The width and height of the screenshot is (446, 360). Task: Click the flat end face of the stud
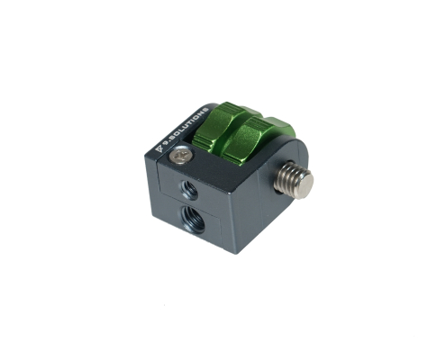point(305,184)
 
